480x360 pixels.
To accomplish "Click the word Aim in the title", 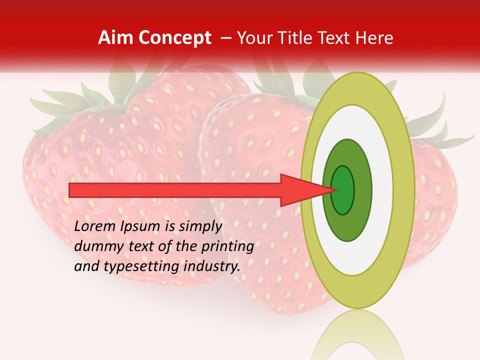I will pos(115,38).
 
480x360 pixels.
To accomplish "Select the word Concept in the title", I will pos(173,38).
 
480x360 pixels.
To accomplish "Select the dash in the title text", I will pos(225,38).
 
